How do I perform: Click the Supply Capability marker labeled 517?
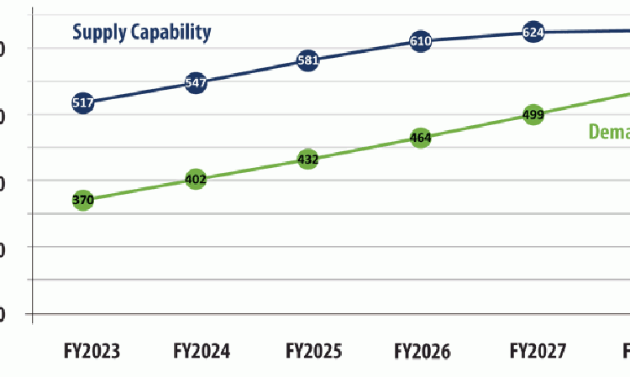[x=82, y=103]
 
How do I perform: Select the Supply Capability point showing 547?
[x=195, y=83]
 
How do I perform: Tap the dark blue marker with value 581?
[x=307, y=60]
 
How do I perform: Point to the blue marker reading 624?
[x=533, y=33]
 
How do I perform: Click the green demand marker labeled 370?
[x=82, y=200]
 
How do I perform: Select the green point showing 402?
[x=195, y=179]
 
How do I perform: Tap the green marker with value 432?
[x=307, y=159]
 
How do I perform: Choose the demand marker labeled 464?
[x=421, y=138]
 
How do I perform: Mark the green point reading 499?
[x=533, y=115]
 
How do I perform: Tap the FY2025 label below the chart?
[x=313, y=350]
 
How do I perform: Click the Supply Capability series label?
[x=141, y=33]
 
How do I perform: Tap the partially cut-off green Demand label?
[x=608, y=132]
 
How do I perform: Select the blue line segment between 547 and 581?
[x=251, y=72]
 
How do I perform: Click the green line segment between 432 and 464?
[x=364, y=149]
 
